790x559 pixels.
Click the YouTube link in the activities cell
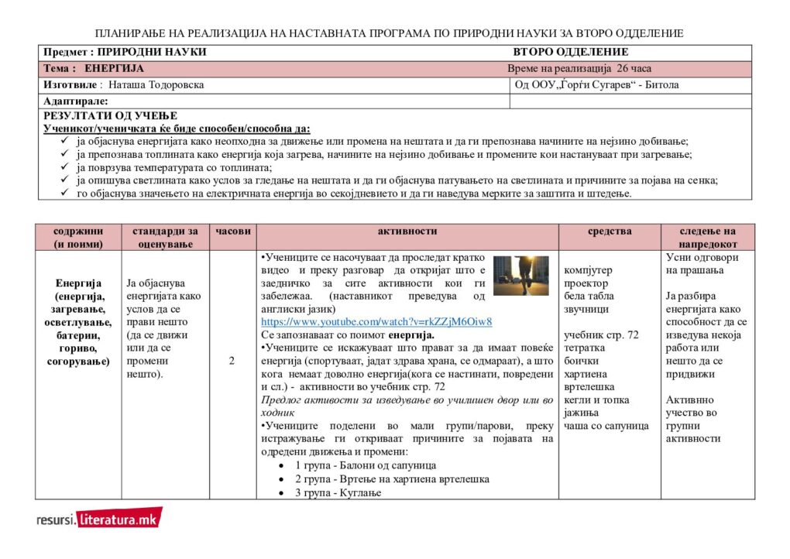[376, 321]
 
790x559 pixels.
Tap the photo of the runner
[520, 276]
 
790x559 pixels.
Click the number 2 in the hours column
[232, 360]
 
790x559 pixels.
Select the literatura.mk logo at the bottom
[99, 519]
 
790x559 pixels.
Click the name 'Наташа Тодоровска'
[156, 85]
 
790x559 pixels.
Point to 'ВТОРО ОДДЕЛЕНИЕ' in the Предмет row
[570, 52]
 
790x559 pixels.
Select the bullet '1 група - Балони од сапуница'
[366, 465]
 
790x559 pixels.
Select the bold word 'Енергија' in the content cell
[78, 283]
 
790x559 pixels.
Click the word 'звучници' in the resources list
[586, 309]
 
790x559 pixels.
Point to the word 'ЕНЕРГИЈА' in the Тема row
[115, 68]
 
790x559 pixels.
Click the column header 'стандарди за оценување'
[165, 237]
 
